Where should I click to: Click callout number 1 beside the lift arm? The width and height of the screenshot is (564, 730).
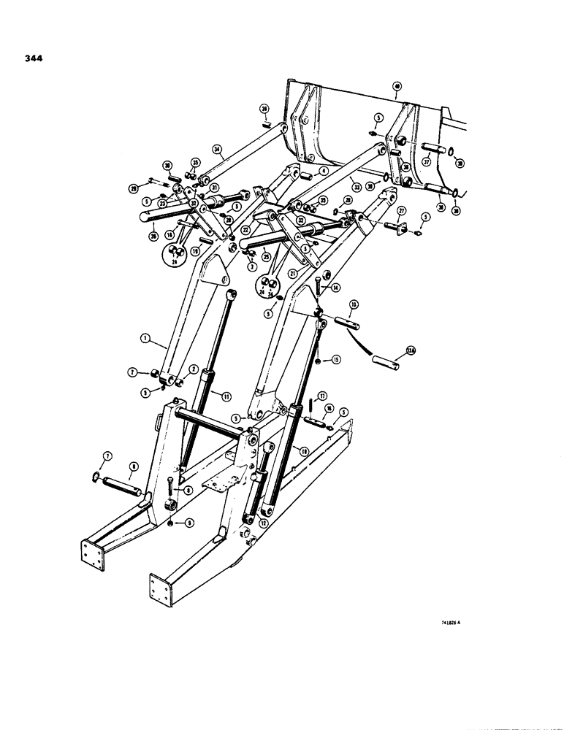click(x=146, y=338)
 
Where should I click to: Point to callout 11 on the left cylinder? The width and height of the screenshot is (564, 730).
click(x=226, y=396)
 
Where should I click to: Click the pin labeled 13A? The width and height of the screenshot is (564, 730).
click(x=384, y=361)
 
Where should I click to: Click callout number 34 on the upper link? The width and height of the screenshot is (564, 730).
click(x=216, y=150)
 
